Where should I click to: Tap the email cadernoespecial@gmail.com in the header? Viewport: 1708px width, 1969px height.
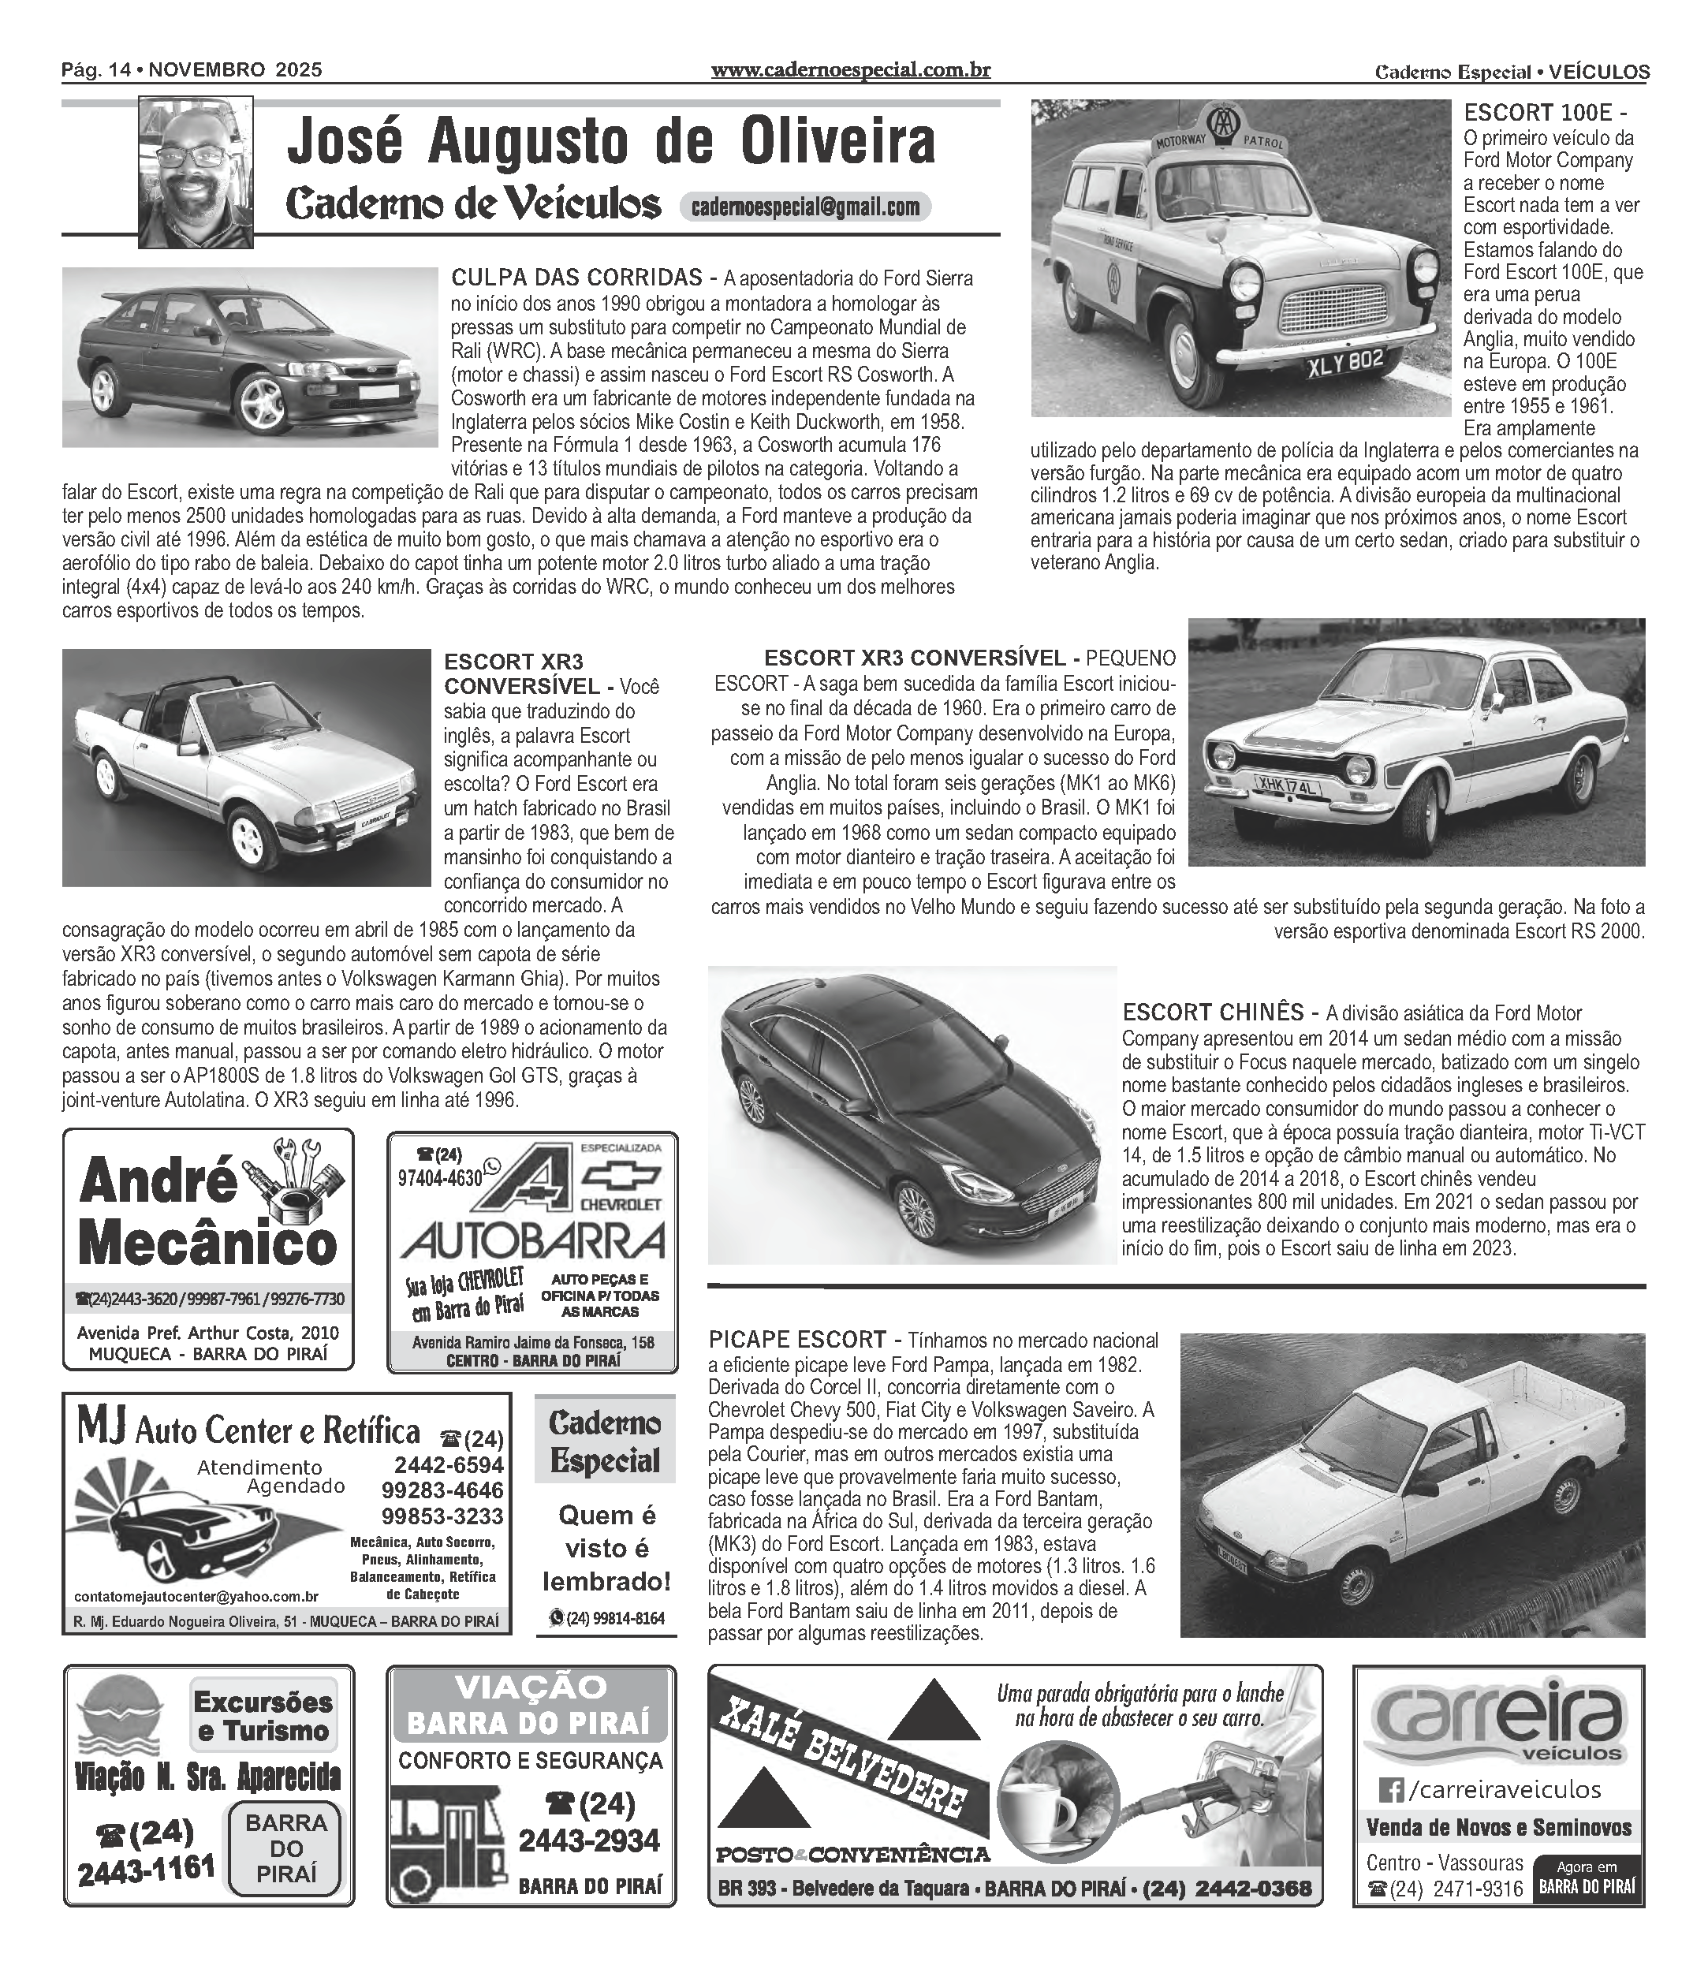point(805,207)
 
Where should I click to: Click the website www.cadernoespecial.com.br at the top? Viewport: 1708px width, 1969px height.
point(851,69)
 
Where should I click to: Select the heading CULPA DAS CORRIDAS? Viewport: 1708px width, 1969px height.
point(577,278)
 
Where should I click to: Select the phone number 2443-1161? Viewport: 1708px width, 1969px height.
point(146,1869)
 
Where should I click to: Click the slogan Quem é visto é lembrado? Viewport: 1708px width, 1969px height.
point(606,1548)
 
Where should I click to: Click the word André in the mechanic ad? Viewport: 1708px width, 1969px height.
point(157,1182)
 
